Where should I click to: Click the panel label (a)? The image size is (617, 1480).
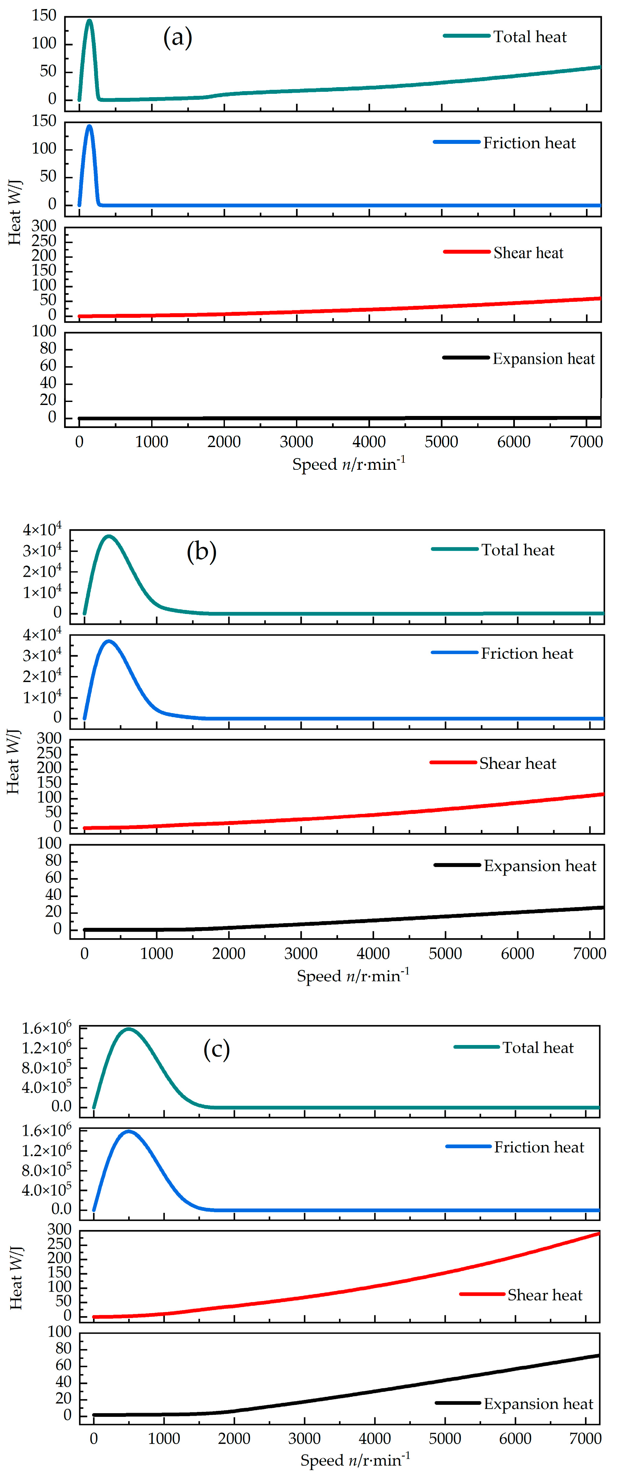[x=178, y=38]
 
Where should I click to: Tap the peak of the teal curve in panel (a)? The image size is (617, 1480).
[x=89, y=21]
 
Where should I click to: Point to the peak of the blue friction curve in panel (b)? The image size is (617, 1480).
[x=108, y=641]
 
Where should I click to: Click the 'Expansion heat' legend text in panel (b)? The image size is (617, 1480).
[x=540, y=866]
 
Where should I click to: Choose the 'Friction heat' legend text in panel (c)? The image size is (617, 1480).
[x=539, y=1147]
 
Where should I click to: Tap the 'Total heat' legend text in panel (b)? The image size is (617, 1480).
[x=518, y=550]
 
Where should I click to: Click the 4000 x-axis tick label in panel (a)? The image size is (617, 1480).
[x=369, y=442]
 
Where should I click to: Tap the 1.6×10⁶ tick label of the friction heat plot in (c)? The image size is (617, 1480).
[x=46, y=1131]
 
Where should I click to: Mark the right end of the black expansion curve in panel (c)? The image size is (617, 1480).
[x=599, y=1355]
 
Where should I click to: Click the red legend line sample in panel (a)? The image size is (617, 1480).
[x=467, y=252]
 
